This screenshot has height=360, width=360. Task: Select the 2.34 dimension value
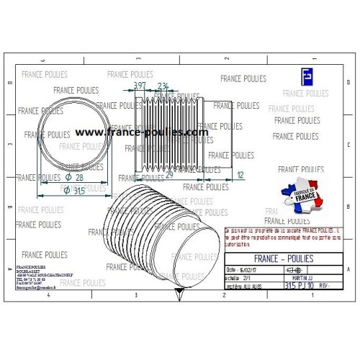point(163,86)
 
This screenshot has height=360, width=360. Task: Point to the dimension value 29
point(169,175)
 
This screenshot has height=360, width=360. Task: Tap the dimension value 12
point(240,175)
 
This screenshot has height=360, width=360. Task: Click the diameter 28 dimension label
point(74,177)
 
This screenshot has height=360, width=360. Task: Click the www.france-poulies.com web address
point(141,132)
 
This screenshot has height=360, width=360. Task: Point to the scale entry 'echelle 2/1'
point(239,276)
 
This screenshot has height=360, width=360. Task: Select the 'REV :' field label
point(323,286)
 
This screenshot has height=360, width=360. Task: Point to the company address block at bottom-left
point(37,275)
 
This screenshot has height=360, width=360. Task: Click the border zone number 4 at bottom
point(48,295)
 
